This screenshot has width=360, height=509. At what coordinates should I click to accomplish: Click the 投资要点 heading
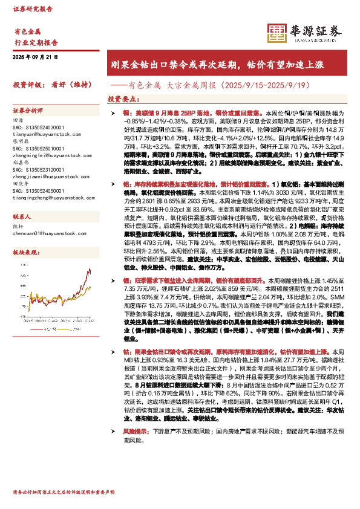(121, 99)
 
